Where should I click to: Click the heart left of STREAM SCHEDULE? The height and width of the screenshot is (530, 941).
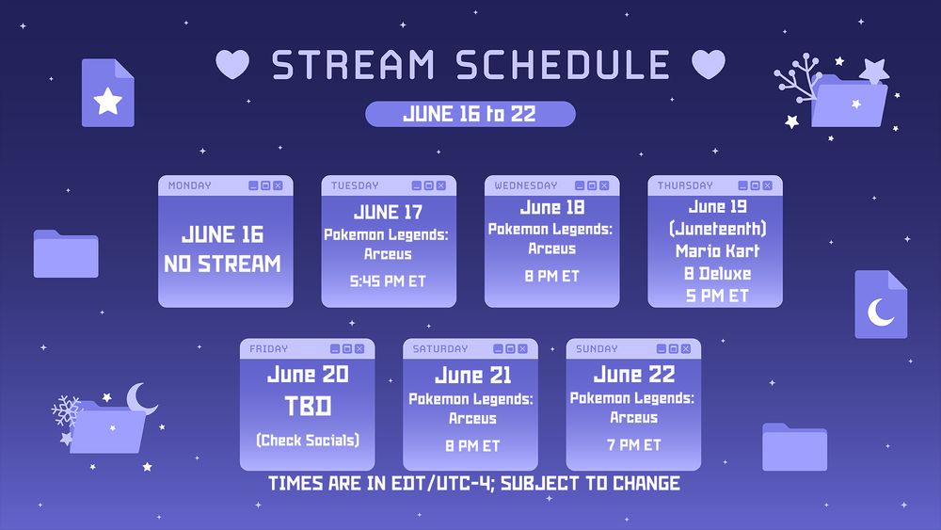coord(232,64)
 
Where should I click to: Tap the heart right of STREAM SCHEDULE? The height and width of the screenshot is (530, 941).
coord(709,64)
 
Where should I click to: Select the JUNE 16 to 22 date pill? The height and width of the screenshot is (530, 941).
coord(470,114)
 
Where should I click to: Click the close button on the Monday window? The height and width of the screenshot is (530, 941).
coord(278,186)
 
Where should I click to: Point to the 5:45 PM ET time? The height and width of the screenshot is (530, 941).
coord(388,281)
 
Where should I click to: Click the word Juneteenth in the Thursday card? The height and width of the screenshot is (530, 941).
coord(718,229)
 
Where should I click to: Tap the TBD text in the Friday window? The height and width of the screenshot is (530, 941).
coord(308,407)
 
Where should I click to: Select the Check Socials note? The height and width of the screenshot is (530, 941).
coord(308,441)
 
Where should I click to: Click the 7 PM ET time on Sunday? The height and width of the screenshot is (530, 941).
coord(633,444)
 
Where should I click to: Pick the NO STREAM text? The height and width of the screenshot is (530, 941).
coord(223,264)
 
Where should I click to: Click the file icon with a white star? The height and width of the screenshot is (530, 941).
coord(108,93)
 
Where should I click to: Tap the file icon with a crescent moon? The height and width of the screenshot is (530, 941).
coord(881,304)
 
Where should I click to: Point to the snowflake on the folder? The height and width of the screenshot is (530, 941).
coord(66,410)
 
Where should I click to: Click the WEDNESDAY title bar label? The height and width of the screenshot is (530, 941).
coord(526,186)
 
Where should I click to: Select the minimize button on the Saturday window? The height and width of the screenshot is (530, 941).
coord(498,349)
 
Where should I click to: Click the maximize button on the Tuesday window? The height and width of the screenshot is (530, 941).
coord(428,186)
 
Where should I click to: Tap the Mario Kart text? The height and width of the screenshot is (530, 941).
coord(718,251)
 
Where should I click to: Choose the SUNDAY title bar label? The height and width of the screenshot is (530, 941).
coord(597,349)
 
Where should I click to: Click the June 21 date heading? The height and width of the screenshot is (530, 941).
coord(473,376)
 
